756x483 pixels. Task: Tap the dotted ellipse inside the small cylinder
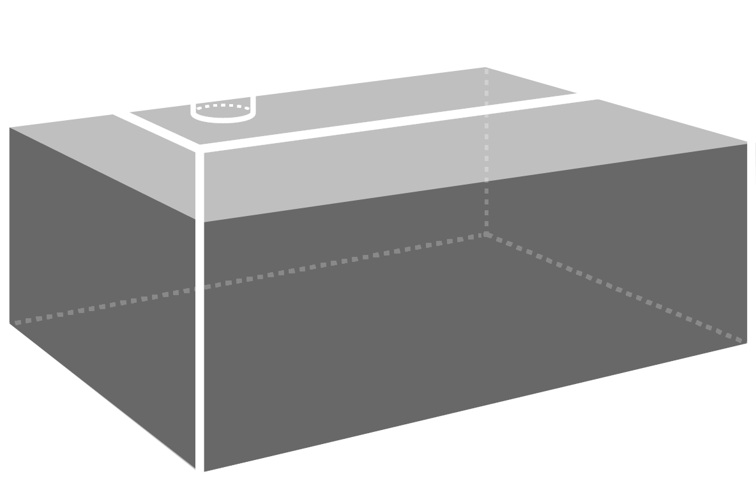click(x=224, y=106)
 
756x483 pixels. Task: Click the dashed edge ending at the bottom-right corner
click(x=613, y=287)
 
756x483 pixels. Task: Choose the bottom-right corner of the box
click(x=746, y=342)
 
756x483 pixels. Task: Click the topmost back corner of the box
click(x=485, y=67)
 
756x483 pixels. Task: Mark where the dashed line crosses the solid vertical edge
click(x=200, y=288)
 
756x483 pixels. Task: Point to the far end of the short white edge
click(x=115, y=115)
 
